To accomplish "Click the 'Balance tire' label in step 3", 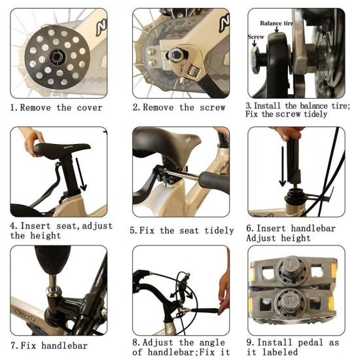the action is [x=277, y=23].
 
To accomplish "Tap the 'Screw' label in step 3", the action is [x=256, y=37].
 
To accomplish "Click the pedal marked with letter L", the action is [x=293, y=271].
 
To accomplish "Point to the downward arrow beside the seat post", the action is [x=81, y=175].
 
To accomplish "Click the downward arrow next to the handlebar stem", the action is [x=283, y=166].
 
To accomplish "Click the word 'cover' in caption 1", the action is [x=90, y=107].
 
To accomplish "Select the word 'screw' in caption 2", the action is [x=212, y=107].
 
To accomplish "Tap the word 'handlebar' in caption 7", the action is [x=65, y=346].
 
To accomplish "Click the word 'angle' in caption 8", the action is [x=212, y=342].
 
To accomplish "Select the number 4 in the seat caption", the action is [x=12, y=226].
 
